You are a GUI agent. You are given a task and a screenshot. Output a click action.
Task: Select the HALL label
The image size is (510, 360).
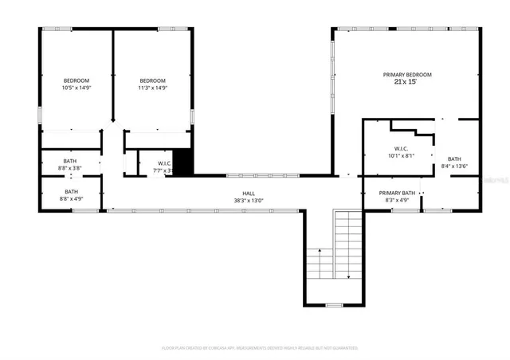pyautogui.click(x=249, y=193)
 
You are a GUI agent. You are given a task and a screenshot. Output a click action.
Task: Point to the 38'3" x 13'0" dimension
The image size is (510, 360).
pyautogui.click(x=249, y=201)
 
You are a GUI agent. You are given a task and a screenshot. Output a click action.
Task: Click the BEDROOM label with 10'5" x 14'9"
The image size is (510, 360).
pyautogui.click(x=76, y=80)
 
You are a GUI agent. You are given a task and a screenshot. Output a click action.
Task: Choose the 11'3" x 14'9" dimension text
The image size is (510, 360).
pyautogui.click(x=152, y=88)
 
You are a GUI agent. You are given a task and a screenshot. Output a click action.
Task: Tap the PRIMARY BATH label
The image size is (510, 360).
pyautogui.click(x=397, y=193)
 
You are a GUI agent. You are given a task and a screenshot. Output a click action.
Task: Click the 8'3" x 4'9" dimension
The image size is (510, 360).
pyautogui.click(x=397, y=201)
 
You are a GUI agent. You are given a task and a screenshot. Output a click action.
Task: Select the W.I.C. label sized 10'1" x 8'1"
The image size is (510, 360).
pyautogui.click(x=401, y=148)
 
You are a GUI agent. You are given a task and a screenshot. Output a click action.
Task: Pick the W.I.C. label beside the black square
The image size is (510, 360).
pyautogui.click(x=165, y=162)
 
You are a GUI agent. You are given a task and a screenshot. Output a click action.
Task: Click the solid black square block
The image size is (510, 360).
pyautogui.click(x=184, y=162)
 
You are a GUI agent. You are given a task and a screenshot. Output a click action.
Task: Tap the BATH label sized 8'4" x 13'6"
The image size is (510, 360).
pyautogui.click(x=454, y=158)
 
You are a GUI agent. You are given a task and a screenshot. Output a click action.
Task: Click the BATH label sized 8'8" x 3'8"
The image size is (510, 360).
pyautogui.click(x=71, y=162)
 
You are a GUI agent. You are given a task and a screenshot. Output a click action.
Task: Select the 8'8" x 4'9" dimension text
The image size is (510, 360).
pyautogui.click(x=71, y=199)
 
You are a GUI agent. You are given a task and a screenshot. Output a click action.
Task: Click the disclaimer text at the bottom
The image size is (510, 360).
pyautogui.click(x=259, y=348)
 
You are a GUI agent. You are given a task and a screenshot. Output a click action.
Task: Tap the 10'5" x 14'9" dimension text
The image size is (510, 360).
pyautogui.click(x=76, y=88)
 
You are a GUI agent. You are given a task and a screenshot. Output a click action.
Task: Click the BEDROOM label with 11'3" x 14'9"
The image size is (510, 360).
pyautogui.click(x=152, y=80)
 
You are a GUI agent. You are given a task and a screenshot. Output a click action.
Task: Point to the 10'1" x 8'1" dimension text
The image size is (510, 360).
pyautogui.click(x=401, y=156)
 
